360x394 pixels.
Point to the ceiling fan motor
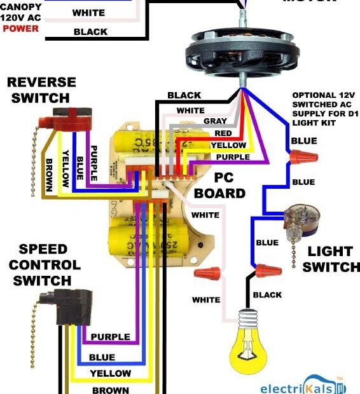point(242,50)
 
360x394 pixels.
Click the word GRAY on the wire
point(215,121)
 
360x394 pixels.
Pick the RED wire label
point(223,133)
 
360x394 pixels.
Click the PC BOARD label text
point(219,185)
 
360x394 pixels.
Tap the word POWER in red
point(20,29)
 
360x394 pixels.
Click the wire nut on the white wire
point(208,275)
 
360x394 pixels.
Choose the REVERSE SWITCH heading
point(41,90)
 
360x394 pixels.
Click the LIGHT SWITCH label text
point(331,259)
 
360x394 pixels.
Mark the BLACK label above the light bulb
point(267,295)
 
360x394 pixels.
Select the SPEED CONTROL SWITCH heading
point(45,264)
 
